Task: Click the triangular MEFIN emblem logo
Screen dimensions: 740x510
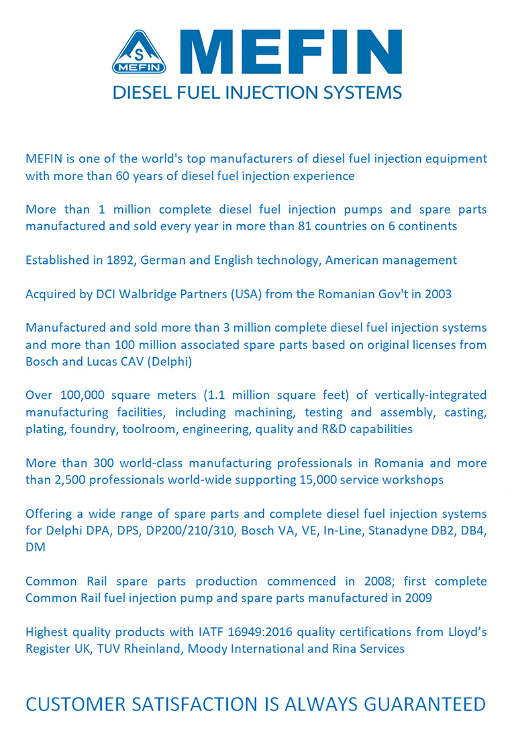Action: (x=140, y=53)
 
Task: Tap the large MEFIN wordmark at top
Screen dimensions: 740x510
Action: (x=293, y=52)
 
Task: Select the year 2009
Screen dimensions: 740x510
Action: (x=417, y=598)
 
